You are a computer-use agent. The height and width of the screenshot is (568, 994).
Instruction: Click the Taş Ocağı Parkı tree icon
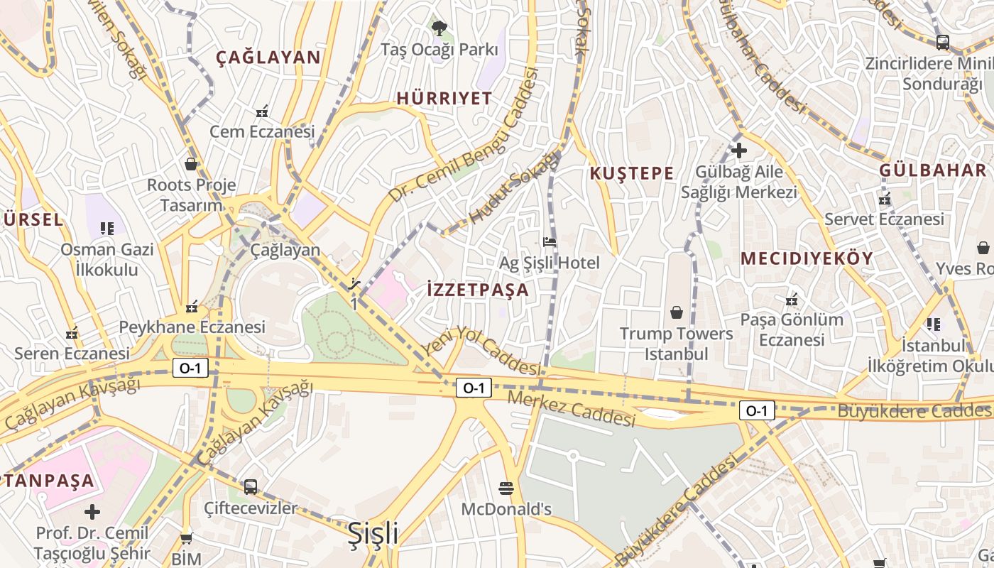[439, 28]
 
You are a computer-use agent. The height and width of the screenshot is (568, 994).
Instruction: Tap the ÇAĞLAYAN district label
[268, 58]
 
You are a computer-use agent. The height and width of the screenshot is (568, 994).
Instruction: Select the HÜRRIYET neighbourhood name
[444, 98]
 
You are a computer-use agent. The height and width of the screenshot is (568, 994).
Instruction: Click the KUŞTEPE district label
[631, 173]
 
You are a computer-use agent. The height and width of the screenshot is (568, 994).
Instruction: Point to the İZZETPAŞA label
[478, 290]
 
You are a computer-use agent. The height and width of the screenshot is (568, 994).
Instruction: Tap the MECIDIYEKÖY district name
[807, 258]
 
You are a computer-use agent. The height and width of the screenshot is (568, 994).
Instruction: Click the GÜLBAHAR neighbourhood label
[933, 170]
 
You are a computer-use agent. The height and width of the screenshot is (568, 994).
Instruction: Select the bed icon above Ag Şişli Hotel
[550, 242]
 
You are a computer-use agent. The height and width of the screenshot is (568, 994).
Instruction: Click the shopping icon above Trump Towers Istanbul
[677, 312]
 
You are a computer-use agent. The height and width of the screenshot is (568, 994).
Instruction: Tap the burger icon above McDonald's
[506, 488]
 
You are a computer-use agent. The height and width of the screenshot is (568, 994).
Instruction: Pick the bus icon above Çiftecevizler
[251, 487]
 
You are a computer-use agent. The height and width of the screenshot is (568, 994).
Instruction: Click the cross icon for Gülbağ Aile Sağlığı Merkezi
[739, 151]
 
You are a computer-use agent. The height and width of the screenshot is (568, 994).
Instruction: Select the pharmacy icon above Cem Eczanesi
[262, 111]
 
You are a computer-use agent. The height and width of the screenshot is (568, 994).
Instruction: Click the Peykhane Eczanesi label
[192, 327]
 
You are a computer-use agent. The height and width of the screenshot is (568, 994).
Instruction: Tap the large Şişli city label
[373, 534]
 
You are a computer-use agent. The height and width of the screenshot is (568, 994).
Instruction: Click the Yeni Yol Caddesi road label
[483, 350]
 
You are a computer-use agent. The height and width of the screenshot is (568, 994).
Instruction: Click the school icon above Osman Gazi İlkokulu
[107, 229]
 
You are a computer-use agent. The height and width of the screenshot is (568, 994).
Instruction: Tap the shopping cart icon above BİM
[187, 538]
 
